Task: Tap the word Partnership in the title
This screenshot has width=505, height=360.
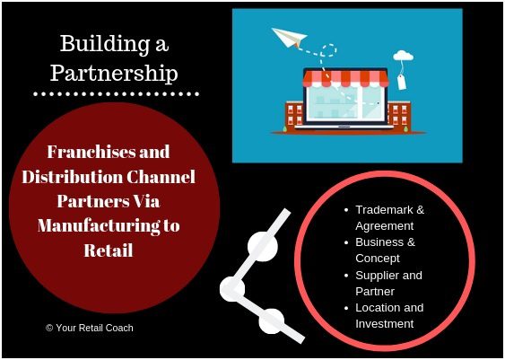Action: click(114, 73)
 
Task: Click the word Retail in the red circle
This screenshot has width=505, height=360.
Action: click(109, 250)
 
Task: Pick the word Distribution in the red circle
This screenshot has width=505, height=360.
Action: click(73, 177)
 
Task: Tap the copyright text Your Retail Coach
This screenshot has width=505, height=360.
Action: click(90, 328)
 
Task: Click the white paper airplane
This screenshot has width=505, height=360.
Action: click(288, 37)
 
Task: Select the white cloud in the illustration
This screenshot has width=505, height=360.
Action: click(403, 56)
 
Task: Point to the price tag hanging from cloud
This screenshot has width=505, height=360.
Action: click(401, 82)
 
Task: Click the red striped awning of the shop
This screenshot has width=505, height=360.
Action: click(345, 78)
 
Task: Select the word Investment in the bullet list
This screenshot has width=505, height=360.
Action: click(385, 323)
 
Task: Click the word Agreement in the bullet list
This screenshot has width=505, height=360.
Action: click(385, 226)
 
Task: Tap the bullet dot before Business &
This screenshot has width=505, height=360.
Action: click(346, 242)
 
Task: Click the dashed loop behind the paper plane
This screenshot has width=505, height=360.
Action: click(329, 50)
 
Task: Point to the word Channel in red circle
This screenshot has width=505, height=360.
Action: click(161, 177)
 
